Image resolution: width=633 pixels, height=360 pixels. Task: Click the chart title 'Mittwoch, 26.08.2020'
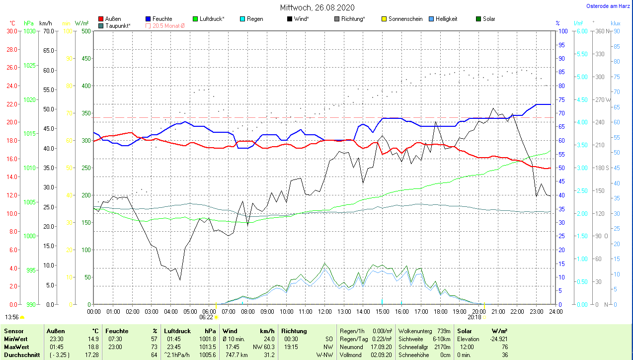[316, 7]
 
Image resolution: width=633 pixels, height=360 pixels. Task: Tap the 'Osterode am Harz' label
[609, 6]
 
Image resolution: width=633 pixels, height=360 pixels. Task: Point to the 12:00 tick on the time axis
[324, 312]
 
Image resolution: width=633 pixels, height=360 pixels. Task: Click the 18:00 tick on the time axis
[440, 312]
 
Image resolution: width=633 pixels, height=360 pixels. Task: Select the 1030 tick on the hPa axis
[30, 31]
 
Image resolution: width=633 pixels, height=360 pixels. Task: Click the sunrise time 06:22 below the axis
[206, 317]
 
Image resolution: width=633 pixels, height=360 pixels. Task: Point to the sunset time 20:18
[474, 317]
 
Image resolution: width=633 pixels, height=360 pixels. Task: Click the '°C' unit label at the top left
[12, 23]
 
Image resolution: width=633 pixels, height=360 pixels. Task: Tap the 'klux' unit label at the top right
[616, 23]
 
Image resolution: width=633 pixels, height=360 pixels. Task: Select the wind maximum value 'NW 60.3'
[265, 347]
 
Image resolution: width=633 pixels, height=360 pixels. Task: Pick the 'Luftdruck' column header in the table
[177, 331]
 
